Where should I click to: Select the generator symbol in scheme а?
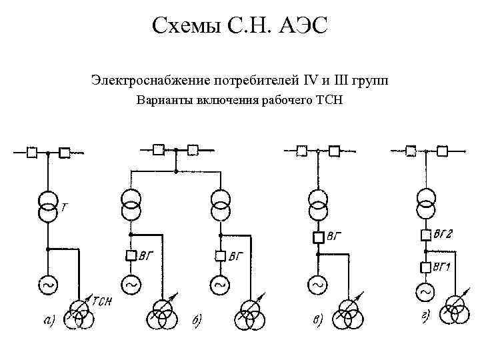[x=48, y=285]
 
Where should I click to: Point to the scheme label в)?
[x=318, y=321]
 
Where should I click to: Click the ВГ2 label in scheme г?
[x=443, y=234]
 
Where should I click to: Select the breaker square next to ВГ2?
[x=425, y=235]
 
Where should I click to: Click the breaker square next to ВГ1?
[x=425, y=267]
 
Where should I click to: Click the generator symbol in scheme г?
[x=425, y=291]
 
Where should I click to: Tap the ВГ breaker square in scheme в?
[x=317, y=237]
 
